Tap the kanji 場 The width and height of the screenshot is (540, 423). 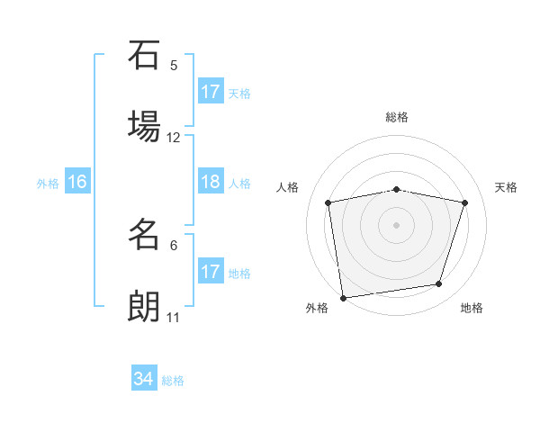click(144, 127)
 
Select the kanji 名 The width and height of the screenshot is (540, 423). click(144, 235)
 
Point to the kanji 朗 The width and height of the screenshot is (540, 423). click(144, 307)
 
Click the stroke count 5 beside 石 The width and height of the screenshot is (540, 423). click(174, 65)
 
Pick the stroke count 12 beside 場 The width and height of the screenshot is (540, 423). click(174, 138)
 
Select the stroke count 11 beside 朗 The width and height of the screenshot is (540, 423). click(174, 318)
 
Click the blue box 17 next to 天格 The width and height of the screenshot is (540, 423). click(211, 92)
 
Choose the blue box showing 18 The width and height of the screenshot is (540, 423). click(211, 182)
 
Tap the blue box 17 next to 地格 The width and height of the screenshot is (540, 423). click(211, 272)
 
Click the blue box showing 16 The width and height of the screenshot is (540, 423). click(77, 182)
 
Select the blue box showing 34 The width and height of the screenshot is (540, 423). click(144, 379)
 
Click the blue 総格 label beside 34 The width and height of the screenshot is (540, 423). click(173, 381)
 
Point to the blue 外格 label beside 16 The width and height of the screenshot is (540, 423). click(48, 184)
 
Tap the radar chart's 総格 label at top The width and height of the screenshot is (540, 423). click(397, 117)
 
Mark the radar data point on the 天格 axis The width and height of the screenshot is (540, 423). click(465, 202)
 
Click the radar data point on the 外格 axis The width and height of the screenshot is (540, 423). click(343, 297)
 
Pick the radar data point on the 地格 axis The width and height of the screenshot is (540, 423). click(439, 284)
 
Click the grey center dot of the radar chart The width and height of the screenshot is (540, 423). click(397, 224)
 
